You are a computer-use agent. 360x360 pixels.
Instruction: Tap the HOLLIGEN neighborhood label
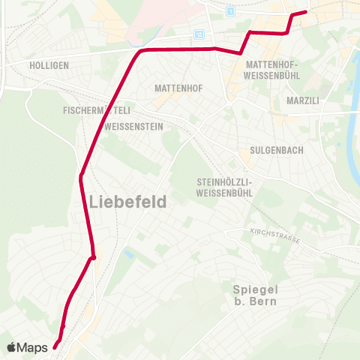pos(49,65)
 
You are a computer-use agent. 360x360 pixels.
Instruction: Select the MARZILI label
pos(304,100)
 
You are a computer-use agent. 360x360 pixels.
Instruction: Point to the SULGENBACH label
pos(276,150)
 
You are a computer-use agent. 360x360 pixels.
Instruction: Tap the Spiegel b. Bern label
pos(254,295)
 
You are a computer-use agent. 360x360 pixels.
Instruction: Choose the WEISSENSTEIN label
pos(135,127)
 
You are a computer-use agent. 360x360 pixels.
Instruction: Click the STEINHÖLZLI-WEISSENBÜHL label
pos(226,187)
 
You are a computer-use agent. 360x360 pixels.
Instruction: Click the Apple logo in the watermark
pos(12,347)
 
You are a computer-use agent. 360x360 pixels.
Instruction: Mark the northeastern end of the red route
pos(306,11)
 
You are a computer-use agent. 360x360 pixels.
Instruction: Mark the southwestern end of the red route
pos(55,346)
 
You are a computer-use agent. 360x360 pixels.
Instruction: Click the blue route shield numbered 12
pos(198,34)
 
